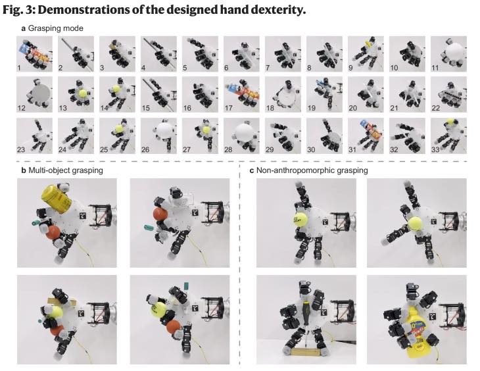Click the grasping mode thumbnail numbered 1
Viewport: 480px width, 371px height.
32,54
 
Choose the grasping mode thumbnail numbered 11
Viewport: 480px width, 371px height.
446,54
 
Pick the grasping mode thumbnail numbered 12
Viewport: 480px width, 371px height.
32,95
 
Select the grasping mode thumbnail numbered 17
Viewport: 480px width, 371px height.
239,95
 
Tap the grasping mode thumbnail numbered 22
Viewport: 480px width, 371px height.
446,95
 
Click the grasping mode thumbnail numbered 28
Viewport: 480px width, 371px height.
239,136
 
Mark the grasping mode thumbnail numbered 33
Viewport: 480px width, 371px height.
446,136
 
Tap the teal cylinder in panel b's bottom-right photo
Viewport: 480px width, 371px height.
188,285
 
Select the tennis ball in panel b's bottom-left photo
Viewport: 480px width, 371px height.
56,312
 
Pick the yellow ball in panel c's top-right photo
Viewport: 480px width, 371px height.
417,219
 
